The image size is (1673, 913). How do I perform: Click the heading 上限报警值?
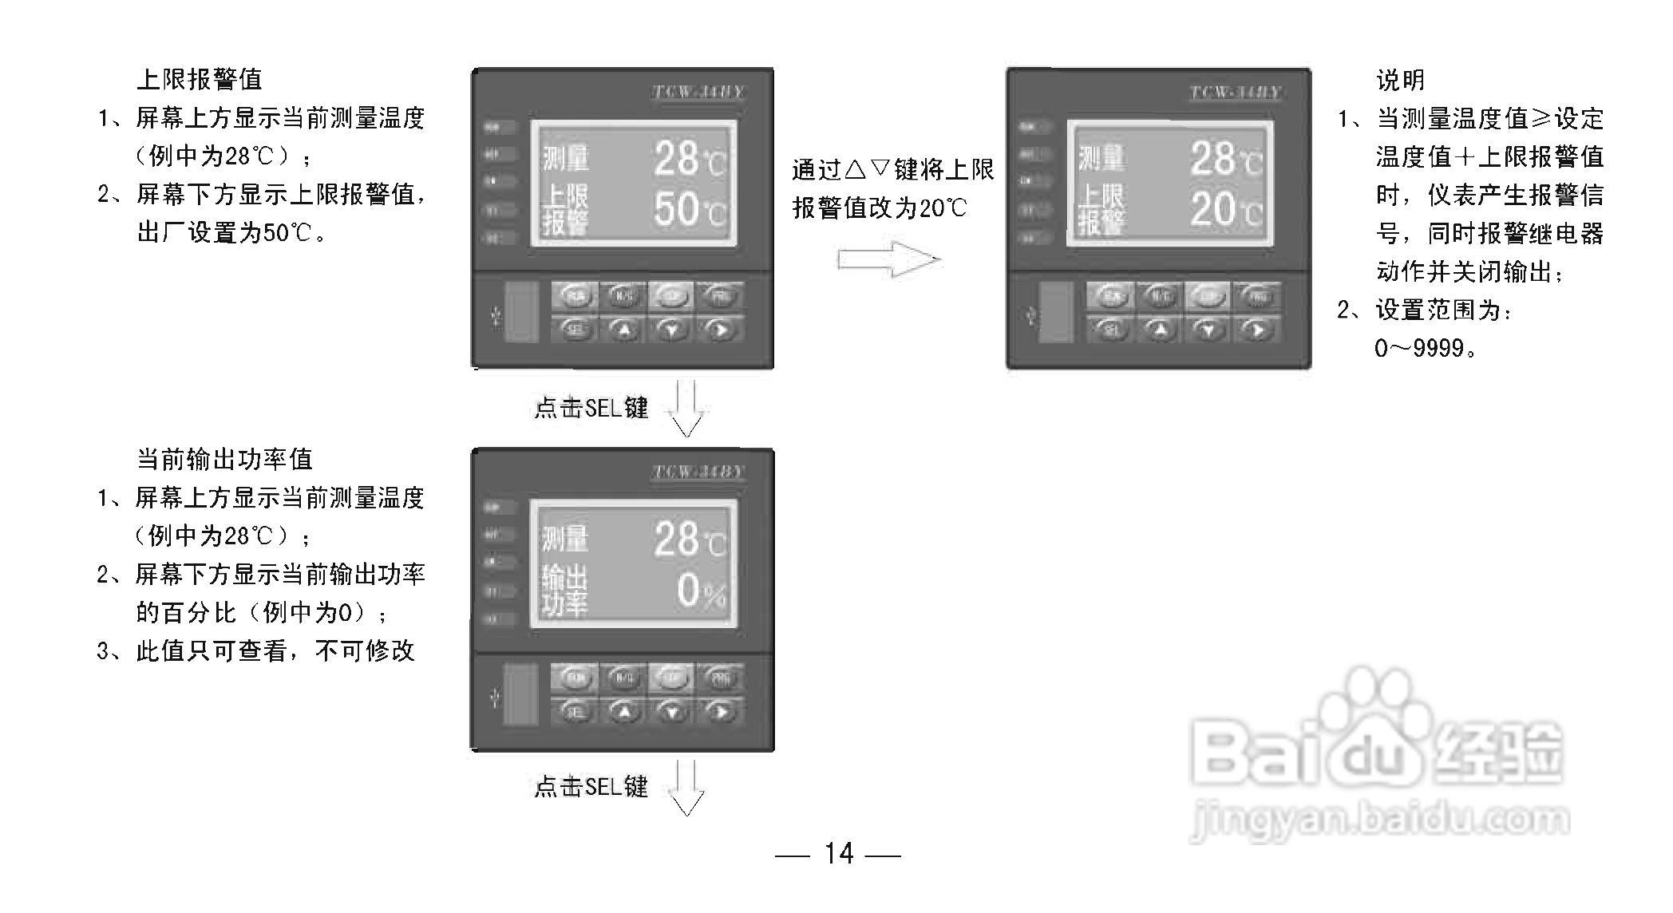click(x=200, y=79)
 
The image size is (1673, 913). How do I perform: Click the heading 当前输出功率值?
click(x=224, y=459)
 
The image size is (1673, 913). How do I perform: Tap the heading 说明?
click(x=1400, y=80)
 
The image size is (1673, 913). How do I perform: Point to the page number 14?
click(x=838, y=854)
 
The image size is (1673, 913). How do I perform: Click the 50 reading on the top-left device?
click(x=675, y=209)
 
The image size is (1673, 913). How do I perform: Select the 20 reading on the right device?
click(x=1212, y=209)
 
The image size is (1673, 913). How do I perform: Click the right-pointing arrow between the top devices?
click(x=888, y=259)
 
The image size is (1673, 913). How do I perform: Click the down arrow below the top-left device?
click(x=686, y=408)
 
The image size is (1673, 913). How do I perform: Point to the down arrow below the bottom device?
click(x=686, y=788)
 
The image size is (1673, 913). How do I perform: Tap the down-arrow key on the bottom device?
click(x=672, y=712)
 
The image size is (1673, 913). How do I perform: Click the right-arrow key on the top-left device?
click(x=720, y=329)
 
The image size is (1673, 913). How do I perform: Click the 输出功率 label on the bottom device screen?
click(x=564, y=591)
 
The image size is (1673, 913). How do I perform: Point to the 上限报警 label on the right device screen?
click(x=1101, y=209)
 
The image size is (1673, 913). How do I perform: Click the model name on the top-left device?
click(x=698, y=92)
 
